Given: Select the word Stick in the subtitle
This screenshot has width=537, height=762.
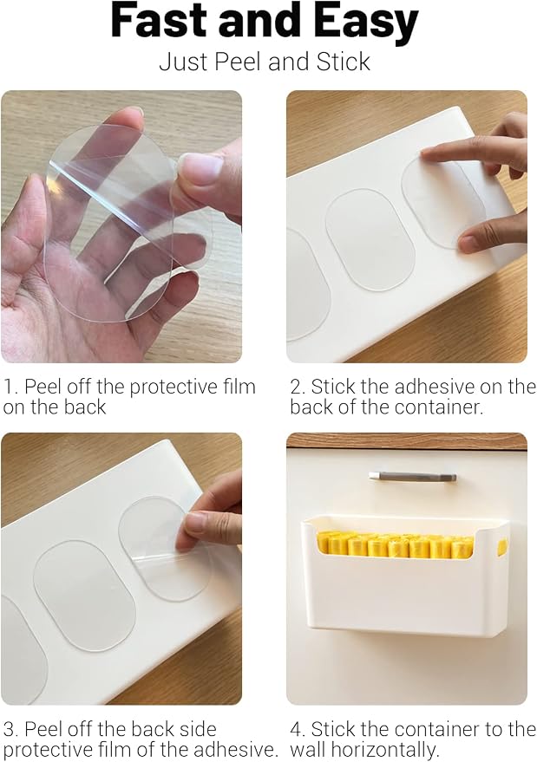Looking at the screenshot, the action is pos(344,62).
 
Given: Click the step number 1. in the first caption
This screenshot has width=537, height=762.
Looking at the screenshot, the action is pos(10,387).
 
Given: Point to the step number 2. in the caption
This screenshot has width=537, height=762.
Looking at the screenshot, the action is pos(298,387).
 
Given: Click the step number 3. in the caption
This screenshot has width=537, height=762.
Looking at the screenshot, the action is pos(10,729).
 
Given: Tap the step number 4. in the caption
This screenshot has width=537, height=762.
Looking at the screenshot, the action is pos(298,729).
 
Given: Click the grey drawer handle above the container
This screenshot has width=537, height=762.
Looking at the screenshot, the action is pos(411,477).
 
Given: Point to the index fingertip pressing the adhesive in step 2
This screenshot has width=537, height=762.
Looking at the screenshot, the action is pos(430,154).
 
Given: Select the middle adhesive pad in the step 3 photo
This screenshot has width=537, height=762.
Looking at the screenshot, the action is pos(83,596).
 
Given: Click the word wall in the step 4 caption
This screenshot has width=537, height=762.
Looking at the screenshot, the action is pos(310,751).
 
